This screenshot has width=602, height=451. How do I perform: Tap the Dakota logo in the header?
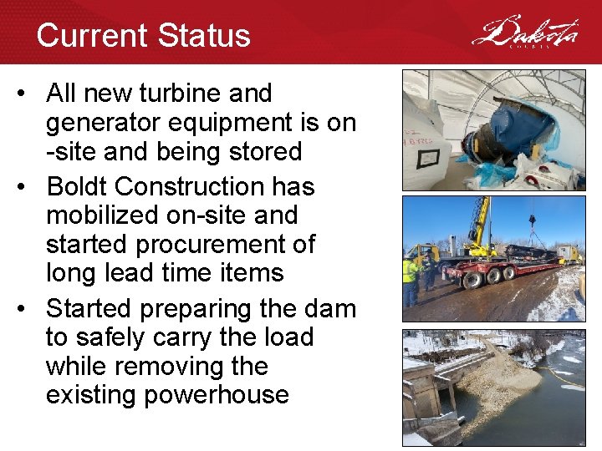click(x=524, y=33)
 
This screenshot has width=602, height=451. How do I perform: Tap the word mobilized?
click(x=100, y=215)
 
